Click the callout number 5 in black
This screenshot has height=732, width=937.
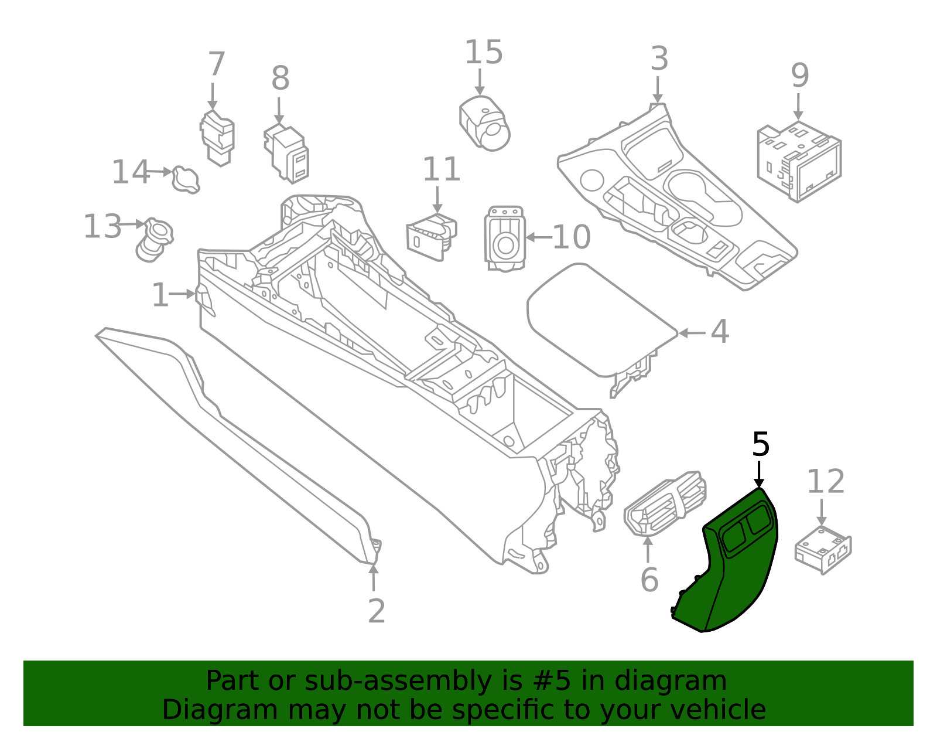click(760, 445)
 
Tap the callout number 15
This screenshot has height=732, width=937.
click(483, 53)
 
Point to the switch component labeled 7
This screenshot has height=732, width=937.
click(217, 138)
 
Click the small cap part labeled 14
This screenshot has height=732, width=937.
click(186, 179)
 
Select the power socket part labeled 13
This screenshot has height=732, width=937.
click(155, 239)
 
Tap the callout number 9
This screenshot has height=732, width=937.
click(799, 76)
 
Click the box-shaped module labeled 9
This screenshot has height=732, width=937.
click(799, 161)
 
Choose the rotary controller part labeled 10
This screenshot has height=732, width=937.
click(505, 239)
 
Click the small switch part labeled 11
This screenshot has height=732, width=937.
click(432, 236)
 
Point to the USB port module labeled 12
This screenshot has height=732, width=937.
click(823, 548)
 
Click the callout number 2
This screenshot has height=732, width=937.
click(377, 611)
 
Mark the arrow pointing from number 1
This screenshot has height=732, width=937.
click(183, 294)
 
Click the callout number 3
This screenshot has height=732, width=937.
click(659, 59)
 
